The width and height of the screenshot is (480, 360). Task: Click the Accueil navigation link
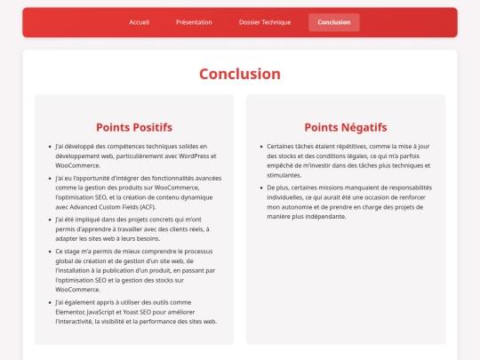coord(139,22)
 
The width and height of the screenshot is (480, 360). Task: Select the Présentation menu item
coord(194,22)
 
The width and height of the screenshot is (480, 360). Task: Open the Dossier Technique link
coord(265,22)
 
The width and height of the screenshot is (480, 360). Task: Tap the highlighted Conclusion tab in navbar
coord(333,22)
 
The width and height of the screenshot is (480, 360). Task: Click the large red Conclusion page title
coord(239,74)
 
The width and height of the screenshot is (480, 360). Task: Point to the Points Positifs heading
coord(134,127)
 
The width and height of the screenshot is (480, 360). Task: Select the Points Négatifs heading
coord(346,127)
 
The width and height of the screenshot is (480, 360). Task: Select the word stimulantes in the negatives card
coord(284,175)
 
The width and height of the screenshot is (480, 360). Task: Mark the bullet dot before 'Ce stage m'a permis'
coord(48,251)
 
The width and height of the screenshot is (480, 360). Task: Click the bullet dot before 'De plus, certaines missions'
coord(260,188)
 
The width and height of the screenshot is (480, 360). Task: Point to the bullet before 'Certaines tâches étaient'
coord(260,146)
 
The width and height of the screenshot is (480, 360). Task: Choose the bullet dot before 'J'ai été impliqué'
coord(48,219)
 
